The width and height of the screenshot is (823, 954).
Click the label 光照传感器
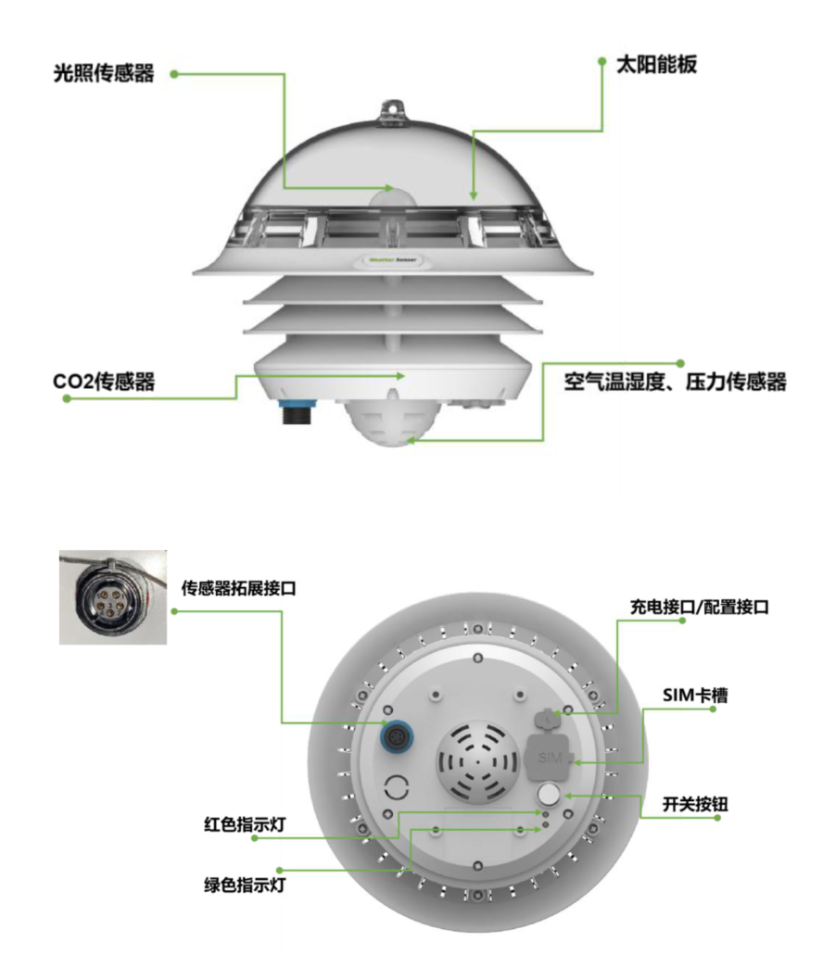click(104, 73)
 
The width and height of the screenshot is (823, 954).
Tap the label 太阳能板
click(656, 65)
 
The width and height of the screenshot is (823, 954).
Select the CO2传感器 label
click(104, 382)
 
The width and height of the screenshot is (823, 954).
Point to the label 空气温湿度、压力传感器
click(675, 382)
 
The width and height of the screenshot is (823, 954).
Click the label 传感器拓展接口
click(238, 588)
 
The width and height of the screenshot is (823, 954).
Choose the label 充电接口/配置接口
click(700, 607)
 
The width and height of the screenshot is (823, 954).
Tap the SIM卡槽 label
click(695, 695)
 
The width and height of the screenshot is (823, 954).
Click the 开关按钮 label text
click(695, 804)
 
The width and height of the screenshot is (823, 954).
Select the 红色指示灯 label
click(245, 825)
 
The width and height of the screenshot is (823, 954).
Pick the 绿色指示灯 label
click(245, 885)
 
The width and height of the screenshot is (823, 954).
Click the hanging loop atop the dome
click(393, 112)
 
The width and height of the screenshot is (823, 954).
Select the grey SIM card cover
click(549, 758)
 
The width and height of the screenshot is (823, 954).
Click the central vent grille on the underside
click(478, 761)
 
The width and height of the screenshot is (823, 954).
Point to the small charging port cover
click(547, 719)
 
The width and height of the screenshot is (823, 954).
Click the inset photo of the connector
click(113, 597)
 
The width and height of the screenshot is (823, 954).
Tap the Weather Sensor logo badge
click(393, 259)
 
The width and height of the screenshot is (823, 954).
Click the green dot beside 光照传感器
click(174, 73)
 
